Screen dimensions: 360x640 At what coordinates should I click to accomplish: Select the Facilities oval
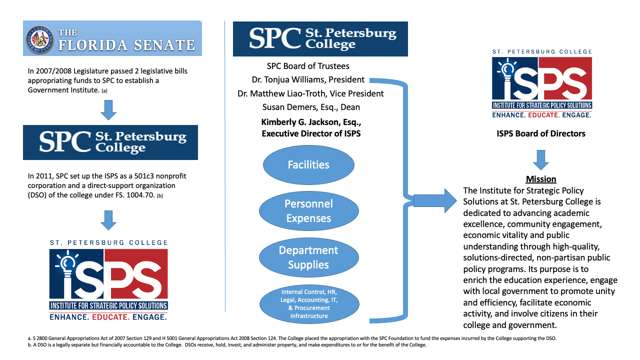308,164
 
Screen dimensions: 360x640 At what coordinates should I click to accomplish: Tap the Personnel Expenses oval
308,211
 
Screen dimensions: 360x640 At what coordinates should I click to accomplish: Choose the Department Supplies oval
308,257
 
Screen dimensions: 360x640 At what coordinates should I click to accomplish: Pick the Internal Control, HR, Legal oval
308,303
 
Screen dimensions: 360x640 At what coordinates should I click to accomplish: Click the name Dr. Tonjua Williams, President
308,79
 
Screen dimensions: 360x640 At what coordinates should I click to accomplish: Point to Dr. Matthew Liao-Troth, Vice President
311,93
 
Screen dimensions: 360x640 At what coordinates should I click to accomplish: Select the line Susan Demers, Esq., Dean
311,107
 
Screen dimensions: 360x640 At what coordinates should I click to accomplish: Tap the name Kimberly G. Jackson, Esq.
311,121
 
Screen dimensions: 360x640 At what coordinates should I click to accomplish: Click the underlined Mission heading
541,179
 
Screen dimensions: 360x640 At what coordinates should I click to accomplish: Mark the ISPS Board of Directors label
541,133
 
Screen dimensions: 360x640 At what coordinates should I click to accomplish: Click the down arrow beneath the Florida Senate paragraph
108,110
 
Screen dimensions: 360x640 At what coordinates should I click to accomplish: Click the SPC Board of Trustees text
308,66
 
